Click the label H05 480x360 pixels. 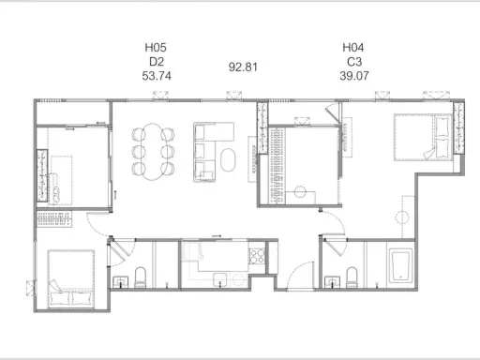(156, 48)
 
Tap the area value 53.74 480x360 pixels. (157, 76)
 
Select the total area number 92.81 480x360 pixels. (243, 67)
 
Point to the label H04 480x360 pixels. (353, 48)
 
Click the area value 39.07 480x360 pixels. (354, 76)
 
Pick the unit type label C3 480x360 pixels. (354, 62)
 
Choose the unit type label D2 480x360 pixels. (157, 62)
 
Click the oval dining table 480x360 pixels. (153, 152)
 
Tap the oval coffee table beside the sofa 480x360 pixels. (228, 159)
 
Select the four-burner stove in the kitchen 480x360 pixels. (257, 256)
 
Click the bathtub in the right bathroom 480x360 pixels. (400, 264)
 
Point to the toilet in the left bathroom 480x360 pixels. (141, 277)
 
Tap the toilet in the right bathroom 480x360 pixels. (352, 277)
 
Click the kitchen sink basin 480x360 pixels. (220, 279)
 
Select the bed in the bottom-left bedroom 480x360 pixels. (71, 279)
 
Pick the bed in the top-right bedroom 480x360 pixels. (424, 138)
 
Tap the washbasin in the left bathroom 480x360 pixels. (120, 281)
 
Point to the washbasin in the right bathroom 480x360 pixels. (332, 281)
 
